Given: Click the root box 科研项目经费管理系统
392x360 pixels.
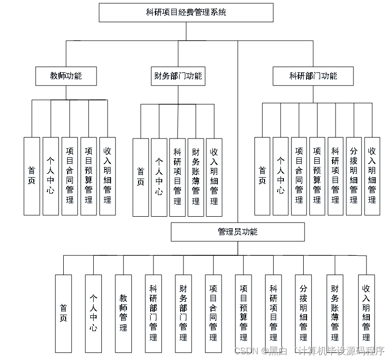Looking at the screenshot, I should pos(186,13).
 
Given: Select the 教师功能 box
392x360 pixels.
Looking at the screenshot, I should pos(66,76).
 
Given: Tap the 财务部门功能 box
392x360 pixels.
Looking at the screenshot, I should pos(178,76).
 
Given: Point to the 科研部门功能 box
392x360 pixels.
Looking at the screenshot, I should pos(313,76).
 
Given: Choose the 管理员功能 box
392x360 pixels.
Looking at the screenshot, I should pos(238,232).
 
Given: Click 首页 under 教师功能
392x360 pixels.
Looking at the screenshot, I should pos(32,176).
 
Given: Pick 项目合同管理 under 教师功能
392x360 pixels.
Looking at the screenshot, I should pos(70,176).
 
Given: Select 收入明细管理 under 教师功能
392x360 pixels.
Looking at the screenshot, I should pos(107,176).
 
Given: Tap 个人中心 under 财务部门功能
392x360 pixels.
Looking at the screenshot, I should pos(159,177).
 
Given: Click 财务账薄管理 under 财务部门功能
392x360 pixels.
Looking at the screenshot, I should pos(196,177).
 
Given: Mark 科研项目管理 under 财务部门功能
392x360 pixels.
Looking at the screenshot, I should pos(177,177).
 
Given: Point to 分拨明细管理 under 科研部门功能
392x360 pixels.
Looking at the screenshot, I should pos(353,176).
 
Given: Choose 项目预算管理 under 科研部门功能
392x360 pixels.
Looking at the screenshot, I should pos(317,176).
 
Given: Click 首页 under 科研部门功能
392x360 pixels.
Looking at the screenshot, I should pos(262,176).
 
